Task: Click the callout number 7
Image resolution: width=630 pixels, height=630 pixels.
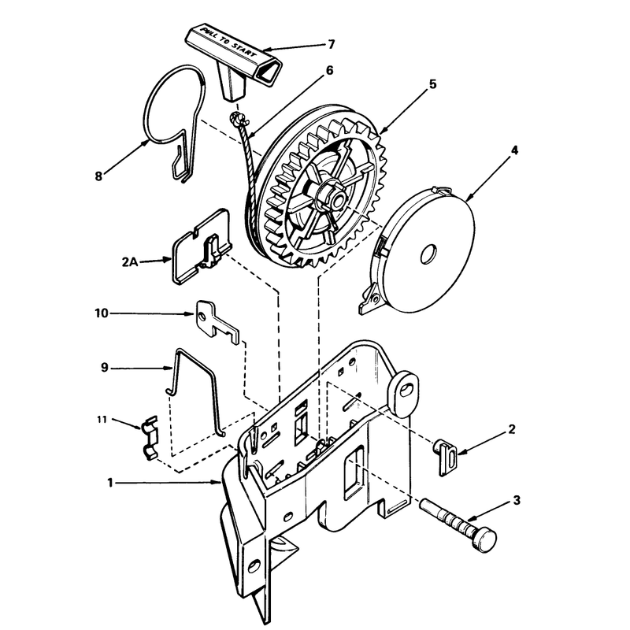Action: pos(331,44)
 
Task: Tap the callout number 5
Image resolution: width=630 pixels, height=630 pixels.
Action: pos(432,84)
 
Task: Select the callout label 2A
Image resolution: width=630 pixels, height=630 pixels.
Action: pos(129,262)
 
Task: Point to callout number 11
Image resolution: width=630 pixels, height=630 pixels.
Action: pos(102,420)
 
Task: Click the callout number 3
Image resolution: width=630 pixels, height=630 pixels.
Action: pos(517,500)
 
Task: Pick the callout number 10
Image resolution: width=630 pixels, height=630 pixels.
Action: pos(102,313)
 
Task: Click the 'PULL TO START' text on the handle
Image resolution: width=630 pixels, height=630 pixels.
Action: pos(228,43)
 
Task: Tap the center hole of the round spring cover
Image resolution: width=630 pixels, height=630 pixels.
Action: pos(428,254)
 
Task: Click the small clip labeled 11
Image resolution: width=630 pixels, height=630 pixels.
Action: pos(150,438)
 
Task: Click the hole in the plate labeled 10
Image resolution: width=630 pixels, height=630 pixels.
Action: pos(202,317)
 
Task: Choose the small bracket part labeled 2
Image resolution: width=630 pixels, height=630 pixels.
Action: pos(446,458)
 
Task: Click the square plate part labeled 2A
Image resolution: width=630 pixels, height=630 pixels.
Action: pos(201,247)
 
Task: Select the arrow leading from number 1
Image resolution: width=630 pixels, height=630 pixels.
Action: pos(168,482)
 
